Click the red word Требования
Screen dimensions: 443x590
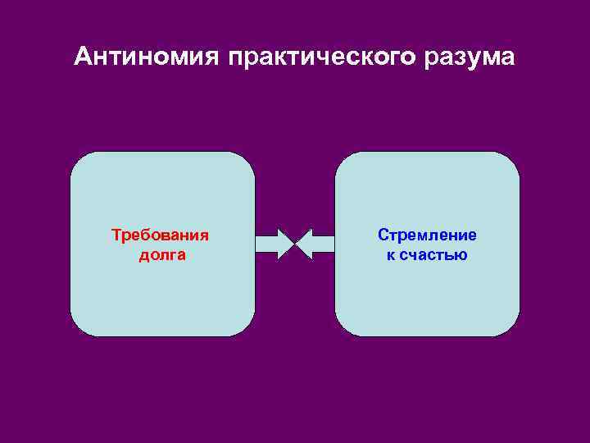pyautogui.click(x=161, y=235)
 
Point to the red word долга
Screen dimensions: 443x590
pyautogui.click(x=161, y=255)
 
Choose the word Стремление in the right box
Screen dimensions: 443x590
pyautogui.click(x=427, y=235)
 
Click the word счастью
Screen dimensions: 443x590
pyautogui.click(x=434, y=255)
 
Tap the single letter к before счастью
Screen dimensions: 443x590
pyautogui.click(x=390, y=255)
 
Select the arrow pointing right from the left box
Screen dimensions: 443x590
pyautogui.click(x=275, y=244)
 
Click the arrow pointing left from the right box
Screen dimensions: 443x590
pyautogui.click(x=315, y=244)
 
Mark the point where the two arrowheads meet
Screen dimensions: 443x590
pyautogui.click(x=295, y=244)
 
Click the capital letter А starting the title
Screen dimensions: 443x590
pyautogui.click(x=82, y=57)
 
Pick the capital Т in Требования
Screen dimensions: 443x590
pyautogui.click(x=116, y=235)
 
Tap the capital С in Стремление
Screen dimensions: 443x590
pyautogui.click(x=383, y=235)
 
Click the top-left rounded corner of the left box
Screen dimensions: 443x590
pyautogui.click(x=79, y=160)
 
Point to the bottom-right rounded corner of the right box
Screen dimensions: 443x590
pyautogui.click(x=511, y=328)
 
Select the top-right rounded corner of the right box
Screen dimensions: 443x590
pyautogui.click(x=511, y=160)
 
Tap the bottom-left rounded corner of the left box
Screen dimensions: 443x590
pyautogui.click(x=79, y=328)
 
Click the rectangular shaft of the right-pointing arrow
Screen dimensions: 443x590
pyautogui.click(x=267, y=244)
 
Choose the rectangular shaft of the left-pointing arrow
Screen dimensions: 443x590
pyautogui.click(x=323, y=244)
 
